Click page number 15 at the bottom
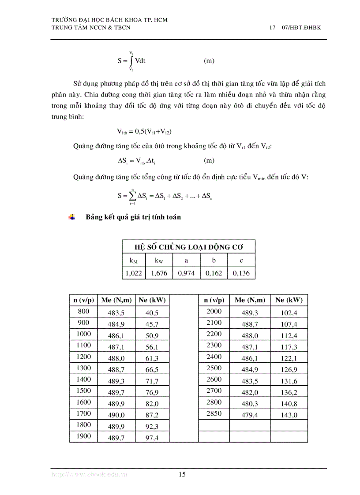tap(182, 474)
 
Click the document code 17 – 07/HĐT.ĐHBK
tap(295, 27)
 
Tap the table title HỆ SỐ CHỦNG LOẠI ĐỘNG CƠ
tap(188, 247)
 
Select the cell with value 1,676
tap(159, 273)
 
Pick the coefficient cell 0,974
tap(186, 273)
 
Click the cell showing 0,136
tap(241, 273)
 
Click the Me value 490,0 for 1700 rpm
tap(117, 415)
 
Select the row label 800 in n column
tap(83, 312)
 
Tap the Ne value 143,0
tap(289, 415)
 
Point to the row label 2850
tap(214, 413)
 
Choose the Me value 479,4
tap(250, 415)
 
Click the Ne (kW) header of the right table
tap(289, 300)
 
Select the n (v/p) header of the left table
tap(83, 300)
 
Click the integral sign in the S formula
tap(131, 61)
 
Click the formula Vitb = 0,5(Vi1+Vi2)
tap(144, 131)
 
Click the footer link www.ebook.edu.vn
tap(90, 474)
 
